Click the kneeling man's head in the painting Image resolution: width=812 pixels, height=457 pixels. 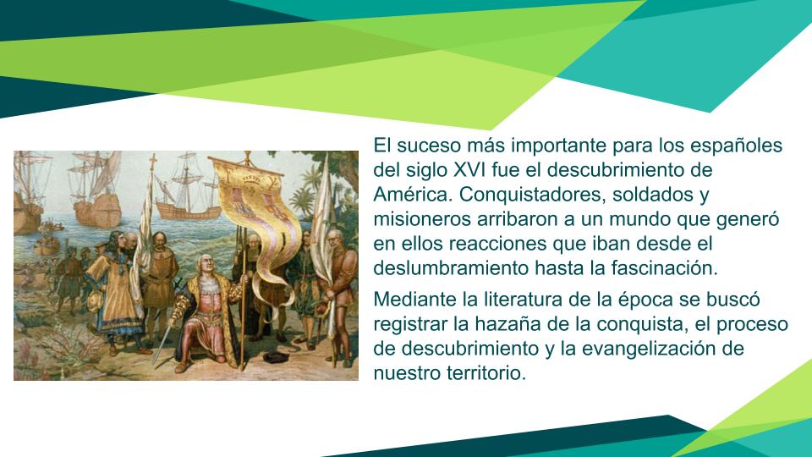coord(206,265)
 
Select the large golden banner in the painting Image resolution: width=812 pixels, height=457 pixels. coord(257,217)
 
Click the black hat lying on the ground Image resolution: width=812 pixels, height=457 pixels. coord(276,357)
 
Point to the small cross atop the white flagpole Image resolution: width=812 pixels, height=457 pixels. coord(153,160)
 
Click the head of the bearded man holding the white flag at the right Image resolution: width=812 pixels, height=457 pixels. coord(335,239)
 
